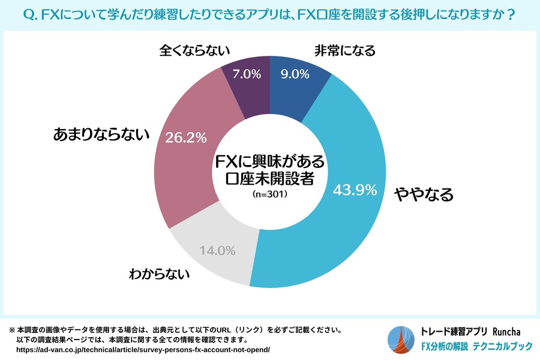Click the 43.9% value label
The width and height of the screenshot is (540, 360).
click(x=354, y=190)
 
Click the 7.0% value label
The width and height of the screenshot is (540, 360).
click(x=246, y=74)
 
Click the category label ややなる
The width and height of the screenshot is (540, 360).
click(x=423, y=194)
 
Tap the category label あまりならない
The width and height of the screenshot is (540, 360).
click(x=100, y=136)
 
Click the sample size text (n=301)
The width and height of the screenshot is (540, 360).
click(x=269, y=194)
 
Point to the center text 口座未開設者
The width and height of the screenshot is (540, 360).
click(x=269, y=179)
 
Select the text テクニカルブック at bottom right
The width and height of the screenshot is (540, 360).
click(x=503, y=347)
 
